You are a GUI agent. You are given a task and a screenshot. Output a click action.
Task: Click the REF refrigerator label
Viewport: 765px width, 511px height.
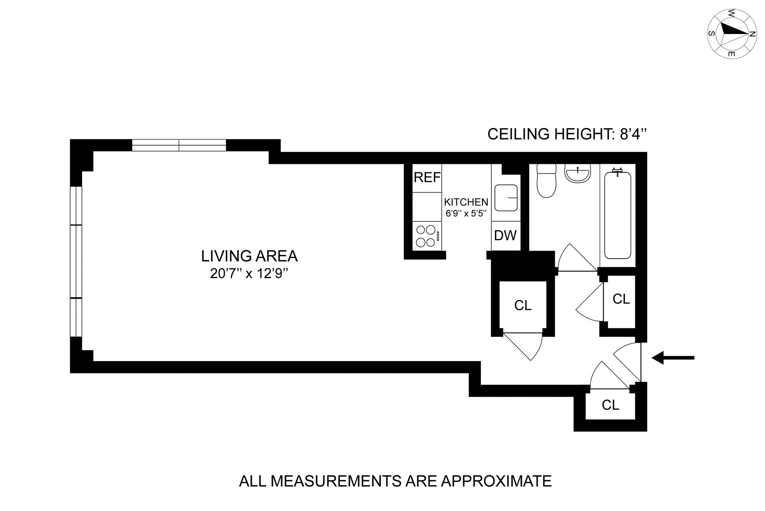427,178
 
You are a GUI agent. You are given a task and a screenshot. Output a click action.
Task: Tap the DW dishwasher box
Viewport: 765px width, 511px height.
506,236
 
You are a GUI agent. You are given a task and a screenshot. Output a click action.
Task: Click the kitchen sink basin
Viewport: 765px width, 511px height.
506,198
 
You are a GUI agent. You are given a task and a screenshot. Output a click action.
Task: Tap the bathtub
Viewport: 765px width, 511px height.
618,215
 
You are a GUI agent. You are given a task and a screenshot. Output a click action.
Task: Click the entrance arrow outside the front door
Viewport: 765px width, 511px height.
673,358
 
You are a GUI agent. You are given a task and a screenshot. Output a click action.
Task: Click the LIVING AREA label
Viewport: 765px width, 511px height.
249,256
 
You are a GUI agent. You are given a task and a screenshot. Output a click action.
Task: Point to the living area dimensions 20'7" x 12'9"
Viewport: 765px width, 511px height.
249,274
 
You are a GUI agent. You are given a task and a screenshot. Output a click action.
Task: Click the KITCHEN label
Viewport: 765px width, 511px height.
466,202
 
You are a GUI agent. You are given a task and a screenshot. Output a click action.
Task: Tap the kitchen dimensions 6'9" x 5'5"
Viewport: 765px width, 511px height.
466,213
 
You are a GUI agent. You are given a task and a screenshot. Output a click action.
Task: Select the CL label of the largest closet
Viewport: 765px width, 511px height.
523,306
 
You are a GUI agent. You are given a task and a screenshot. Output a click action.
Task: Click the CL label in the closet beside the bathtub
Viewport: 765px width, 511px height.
621,299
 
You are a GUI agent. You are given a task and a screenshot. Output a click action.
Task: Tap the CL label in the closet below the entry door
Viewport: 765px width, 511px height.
610,405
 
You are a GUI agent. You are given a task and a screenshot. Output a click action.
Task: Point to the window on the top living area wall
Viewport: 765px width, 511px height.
179,145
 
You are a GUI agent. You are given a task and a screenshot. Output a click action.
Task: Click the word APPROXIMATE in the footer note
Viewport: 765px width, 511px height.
496,481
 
